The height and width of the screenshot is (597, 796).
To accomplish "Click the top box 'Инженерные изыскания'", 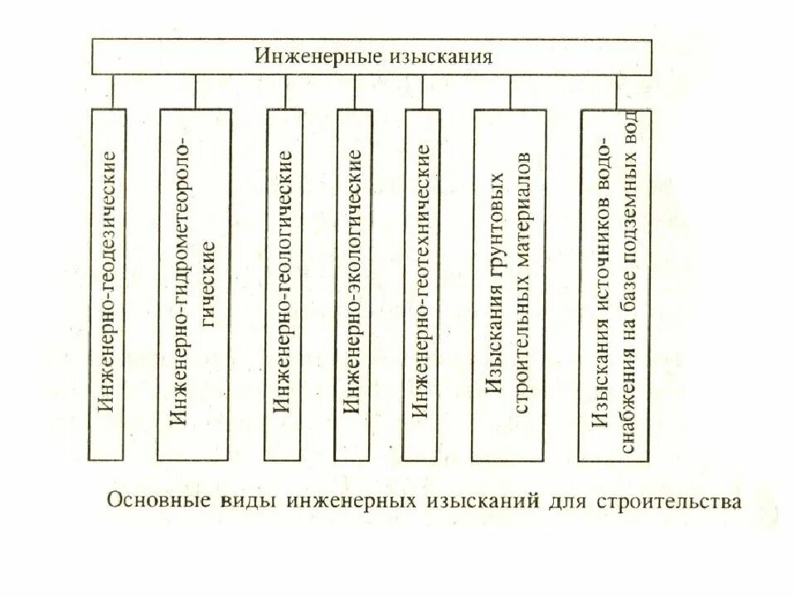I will (371, 57).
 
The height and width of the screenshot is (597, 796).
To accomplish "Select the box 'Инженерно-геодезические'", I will (109, 284).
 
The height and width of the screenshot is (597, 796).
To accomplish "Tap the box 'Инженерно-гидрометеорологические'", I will (195, 284).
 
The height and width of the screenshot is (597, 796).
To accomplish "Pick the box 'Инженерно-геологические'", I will (284, 284).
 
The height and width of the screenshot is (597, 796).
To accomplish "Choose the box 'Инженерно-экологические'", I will (352, 284).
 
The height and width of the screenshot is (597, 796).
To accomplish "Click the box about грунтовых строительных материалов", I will (509, 284).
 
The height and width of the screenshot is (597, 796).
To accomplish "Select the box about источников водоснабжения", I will (615, 284).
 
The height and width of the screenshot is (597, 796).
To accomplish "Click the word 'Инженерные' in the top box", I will (310, 57).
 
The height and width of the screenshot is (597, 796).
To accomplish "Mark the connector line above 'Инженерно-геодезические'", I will (114, 91).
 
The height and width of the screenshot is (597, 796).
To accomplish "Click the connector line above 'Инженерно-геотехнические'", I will (420, 91).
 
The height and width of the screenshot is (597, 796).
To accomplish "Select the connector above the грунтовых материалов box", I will (509, 91).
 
